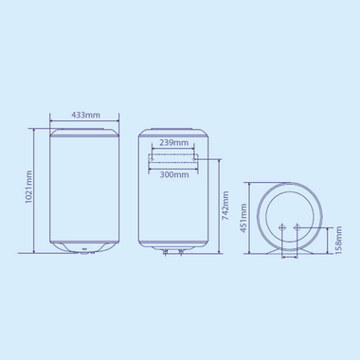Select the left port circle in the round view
coord(281,226)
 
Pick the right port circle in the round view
coord(298,226)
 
